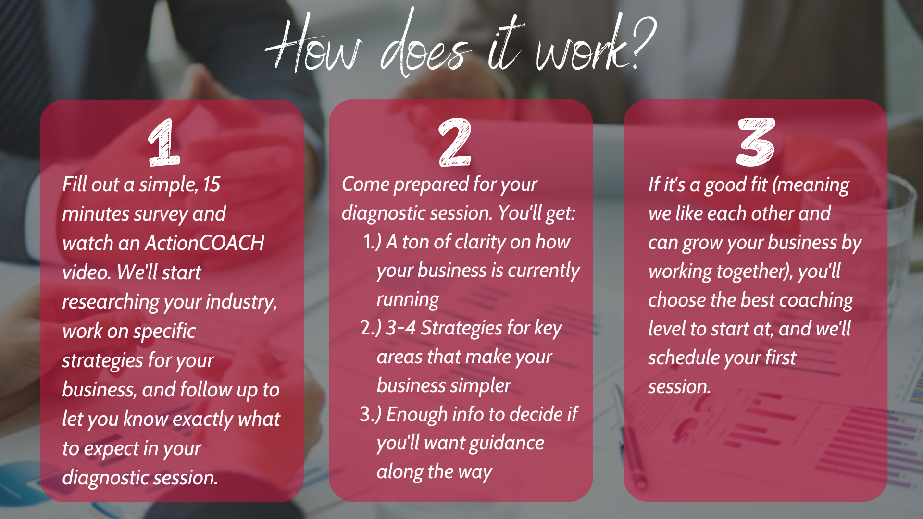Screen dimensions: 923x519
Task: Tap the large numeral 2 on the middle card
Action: (x=455, y=142)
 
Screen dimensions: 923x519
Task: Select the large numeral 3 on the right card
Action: (x=756, y=142)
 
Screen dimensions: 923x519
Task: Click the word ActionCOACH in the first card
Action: (x=205, y=243)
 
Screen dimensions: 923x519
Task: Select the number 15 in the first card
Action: (x=212, y=185)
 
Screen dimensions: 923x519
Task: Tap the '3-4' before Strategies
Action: (x=400, y=328)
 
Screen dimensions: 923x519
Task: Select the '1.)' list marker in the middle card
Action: (x=372, y=242)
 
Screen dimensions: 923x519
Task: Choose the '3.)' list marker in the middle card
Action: (x=371, y=414)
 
